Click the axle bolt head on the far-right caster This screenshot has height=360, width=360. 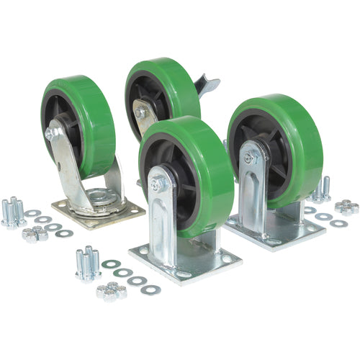(247, 157)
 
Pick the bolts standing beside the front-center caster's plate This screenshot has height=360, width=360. (88, 262)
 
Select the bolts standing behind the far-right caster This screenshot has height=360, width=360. (321, 189)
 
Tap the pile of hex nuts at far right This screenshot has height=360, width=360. (346, 207)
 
